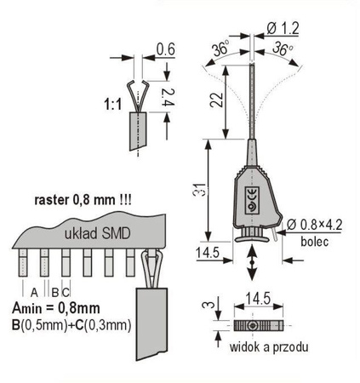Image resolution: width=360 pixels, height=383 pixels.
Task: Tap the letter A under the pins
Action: [x=33, y=289]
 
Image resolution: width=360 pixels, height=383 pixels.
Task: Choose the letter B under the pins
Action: [x=53, y=289]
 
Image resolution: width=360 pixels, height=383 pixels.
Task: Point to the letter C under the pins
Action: [x=65, y=289]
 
